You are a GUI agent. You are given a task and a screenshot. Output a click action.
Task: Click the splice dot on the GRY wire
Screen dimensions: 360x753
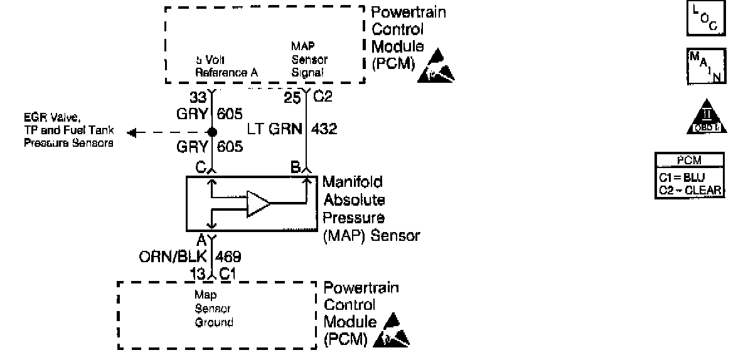pos(212,133)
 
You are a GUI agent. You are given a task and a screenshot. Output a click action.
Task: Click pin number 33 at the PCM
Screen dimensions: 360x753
pos(198,98)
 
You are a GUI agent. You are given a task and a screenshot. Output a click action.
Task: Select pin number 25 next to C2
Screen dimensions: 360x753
pos(292,98)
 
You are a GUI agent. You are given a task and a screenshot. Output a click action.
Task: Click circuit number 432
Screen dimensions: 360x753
pos(323,130)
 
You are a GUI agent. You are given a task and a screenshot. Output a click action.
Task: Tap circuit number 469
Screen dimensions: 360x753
pos(228,257)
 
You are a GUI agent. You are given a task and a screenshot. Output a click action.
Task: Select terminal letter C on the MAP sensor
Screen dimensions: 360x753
pos(201,168)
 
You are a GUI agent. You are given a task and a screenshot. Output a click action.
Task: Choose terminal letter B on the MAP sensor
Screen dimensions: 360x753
pos(294,168)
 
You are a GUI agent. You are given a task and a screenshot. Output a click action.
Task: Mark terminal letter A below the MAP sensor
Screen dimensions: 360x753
pos(201,240)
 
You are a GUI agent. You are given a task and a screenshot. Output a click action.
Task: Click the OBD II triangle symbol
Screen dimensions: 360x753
pos(707,117)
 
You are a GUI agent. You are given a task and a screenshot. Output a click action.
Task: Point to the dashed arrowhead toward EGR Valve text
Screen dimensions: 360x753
pos(132,133)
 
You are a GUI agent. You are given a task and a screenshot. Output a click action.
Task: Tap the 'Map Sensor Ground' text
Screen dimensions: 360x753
pos(213,309)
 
